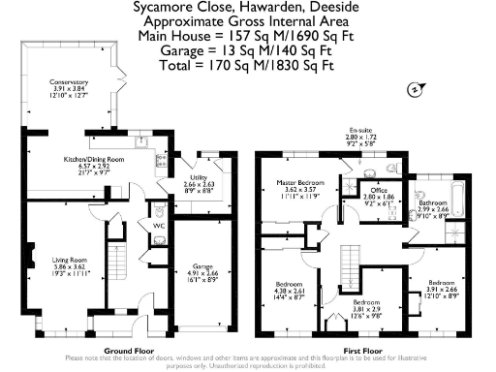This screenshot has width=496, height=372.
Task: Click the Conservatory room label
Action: [x=72, y=83]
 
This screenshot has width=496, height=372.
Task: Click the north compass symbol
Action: [x=414, y=89]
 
